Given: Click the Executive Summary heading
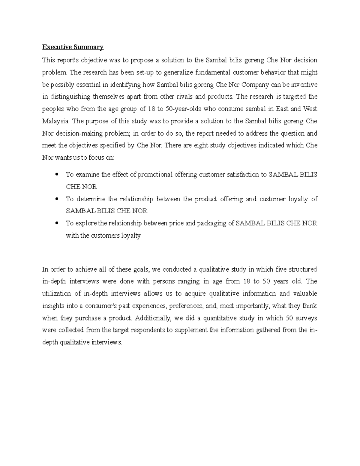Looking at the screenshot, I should (x=73, y=47).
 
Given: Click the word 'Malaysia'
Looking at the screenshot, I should (x=55, y=121).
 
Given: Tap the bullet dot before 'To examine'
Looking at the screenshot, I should (x=57, y=174).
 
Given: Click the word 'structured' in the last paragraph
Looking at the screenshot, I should (x=303, y=269).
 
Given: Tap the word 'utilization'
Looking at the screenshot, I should (x=56, y=293).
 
